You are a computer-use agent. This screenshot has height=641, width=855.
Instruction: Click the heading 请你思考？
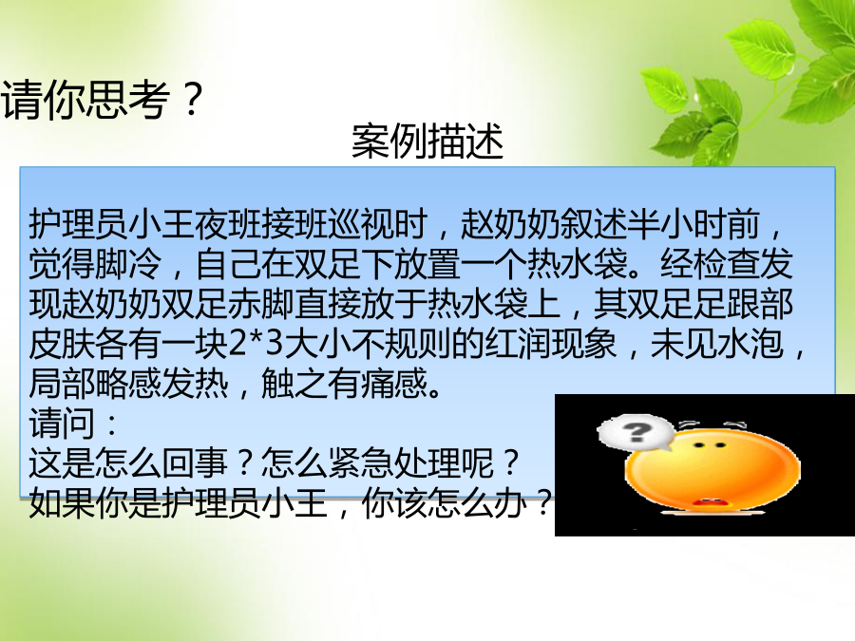103,99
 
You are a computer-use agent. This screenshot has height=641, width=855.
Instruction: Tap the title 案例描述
427,141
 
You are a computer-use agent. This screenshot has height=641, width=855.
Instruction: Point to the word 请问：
73,423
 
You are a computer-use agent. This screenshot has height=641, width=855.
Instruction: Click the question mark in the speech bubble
636,432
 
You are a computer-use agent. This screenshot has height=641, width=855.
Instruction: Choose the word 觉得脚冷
95,263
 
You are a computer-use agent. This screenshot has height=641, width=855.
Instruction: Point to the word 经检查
709,263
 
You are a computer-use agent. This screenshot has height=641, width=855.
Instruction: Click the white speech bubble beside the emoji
636,433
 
